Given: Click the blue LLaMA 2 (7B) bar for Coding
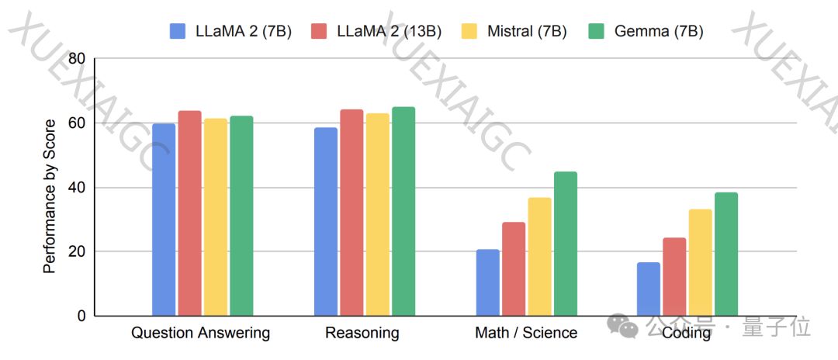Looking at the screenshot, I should pos(649,289).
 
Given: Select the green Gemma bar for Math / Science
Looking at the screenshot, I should pos(566,244).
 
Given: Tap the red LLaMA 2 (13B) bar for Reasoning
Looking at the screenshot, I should pos(351,213).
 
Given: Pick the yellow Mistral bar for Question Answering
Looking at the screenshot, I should pos(216,217).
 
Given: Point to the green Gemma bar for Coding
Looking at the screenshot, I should pos(726,254).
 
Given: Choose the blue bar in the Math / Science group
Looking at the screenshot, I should pos(488,282).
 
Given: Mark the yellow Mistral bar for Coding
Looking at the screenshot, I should pos(700,262).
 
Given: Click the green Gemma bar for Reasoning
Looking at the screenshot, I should pos(403,211).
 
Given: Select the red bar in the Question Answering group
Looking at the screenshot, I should pos(189,213).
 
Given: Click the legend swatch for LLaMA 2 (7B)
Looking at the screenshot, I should pos(178,32).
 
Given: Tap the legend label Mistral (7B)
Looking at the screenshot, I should pos(527,32).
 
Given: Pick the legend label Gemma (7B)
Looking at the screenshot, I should pos(659,32).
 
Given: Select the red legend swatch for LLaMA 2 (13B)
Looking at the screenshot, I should pos(319,32).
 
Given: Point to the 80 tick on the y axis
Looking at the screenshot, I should pos(77,59).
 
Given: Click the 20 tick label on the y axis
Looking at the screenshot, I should pos(77,252).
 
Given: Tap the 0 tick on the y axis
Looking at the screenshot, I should pos(81,317).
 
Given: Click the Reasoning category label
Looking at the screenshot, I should pos(362,334).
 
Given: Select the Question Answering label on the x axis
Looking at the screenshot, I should pos(200,334).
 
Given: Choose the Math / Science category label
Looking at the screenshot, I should pos(526,334).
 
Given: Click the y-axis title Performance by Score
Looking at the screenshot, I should pos(50,196).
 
